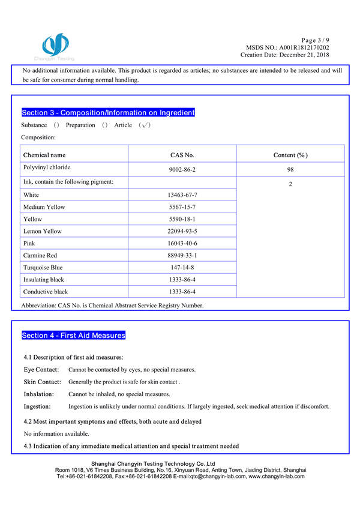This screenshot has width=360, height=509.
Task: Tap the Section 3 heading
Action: pyautogui.click(x=108, y=113)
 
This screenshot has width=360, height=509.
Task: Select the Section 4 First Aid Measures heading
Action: pyautogui.click(x=73, y=336)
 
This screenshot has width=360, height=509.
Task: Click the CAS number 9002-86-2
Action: pyautogui.click(x=182, y=170)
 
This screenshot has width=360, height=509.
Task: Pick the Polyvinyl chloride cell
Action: pyautogui.click(x=47, y=169)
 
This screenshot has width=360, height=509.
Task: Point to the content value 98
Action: pyautogui.click(x=290, y=170)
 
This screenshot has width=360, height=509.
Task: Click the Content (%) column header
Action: pyautogui.click(x=290, y=155)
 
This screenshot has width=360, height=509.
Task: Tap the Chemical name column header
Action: pyautogui.click(x=44, y=155)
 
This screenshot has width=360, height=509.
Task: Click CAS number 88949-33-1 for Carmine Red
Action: pyautogui.click(x=182, y=255)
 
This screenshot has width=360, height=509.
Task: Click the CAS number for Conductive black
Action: pyautogui.click(x=182, y=292)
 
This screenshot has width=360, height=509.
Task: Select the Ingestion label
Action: pyautogui.click(x=37, y=406)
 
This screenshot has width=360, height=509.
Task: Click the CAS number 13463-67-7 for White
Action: pyautogui.click(x=182, y=195)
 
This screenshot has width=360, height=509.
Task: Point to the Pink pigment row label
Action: pyautogui.click(x=29, y=243)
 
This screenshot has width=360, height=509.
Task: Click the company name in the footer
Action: pyautogui.click(x=152, y=463)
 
